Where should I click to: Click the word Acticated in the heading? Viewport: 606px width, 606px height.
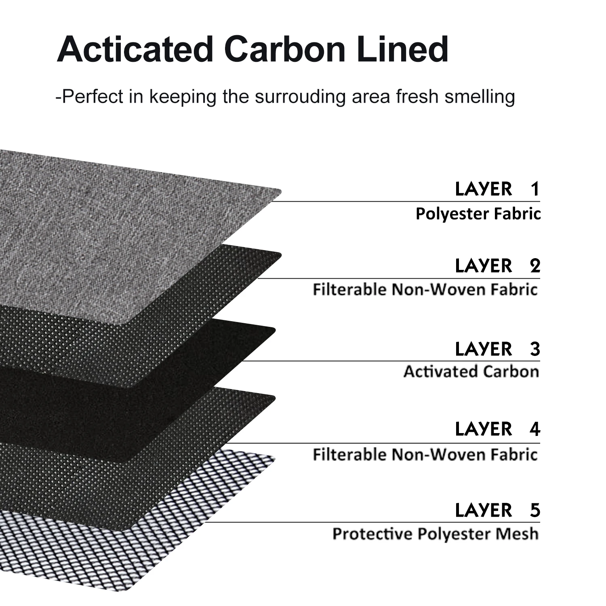[135, 49]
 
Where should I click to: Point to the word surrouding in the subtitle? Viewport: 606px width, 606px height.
[300, 97]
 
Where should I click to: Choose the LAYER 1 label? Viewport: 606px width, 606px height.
[497, 189]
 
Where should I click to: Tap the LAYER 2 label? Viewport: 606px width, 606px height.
[497, 266]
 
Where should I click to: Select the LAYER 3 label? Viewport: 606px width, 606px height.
[497, 349]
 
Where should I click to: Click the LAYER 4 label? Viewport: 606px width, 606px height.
[497, 429]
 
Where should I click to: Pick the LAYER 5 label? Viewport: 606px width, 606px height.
[497, 510]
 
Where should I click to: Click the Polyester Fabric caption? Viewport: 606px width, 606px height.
[478, 214]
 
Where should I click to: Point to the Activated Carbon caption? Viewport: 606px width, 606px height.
[471, 371]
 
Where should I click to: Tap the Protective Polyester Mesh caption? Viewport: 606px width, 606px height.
[435, 534]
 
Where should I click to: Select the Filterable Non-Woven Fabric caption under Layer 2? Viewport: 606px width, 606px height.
[425, 290]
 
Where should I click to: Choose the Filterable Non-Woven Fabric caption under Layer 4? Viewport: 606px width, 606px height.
[425, 455]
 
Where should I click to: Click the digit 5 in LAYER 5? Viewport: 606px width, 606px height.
[535, 510]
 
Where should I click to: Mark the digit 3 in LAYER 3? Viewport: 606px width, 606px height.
[535, 349]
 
